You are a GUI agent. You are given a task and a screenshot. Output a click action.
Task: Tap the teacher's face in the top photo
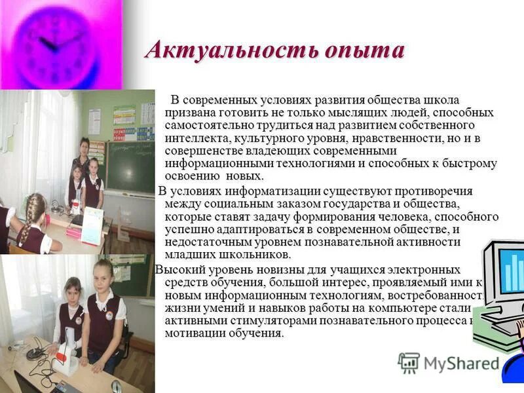coord(84,145)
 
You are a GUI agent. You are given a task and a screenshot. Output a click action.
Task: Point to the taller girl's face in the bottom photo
coord(105,275)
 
